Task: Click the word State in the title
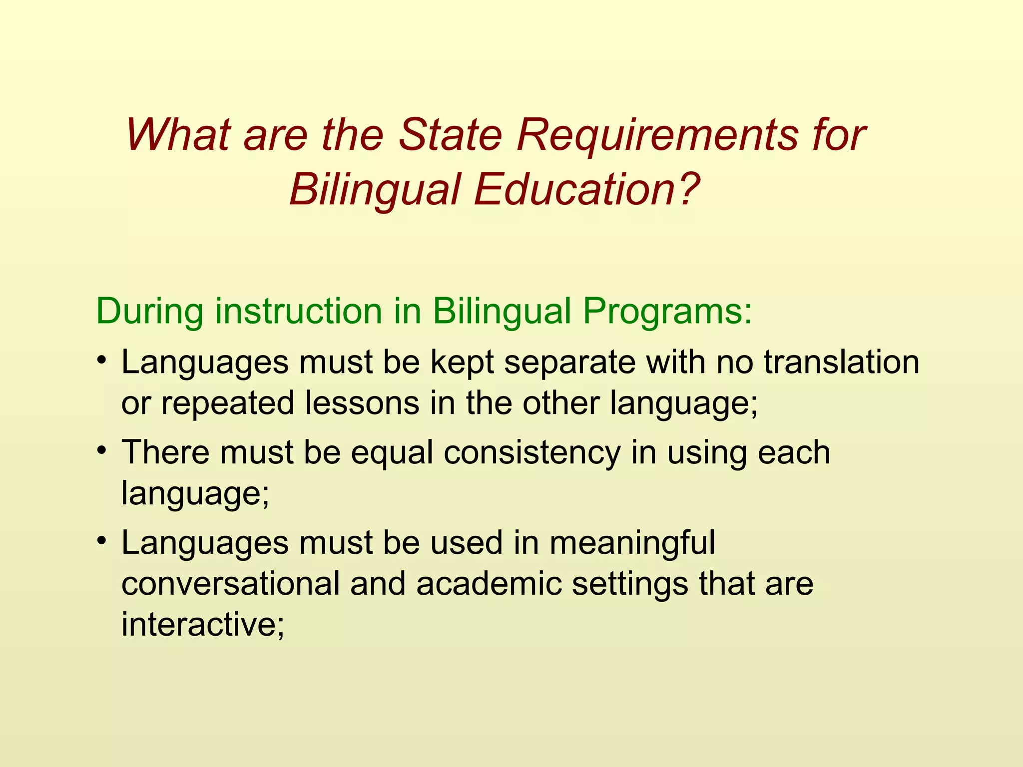click(451, 135)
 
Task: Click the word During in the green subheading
click(149, 311)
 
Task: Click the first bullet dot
click(101, 361)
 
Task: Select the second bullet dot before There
click(101, 451)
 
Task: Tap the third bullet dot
click(101, 541)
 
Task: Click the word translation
click(841, 362)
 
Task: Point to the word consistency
click(531, 453)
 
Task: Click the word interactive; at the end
click(203, 624)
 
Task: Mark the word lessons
click(362, 402)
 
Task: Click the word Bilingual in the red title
click(374, 191)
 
